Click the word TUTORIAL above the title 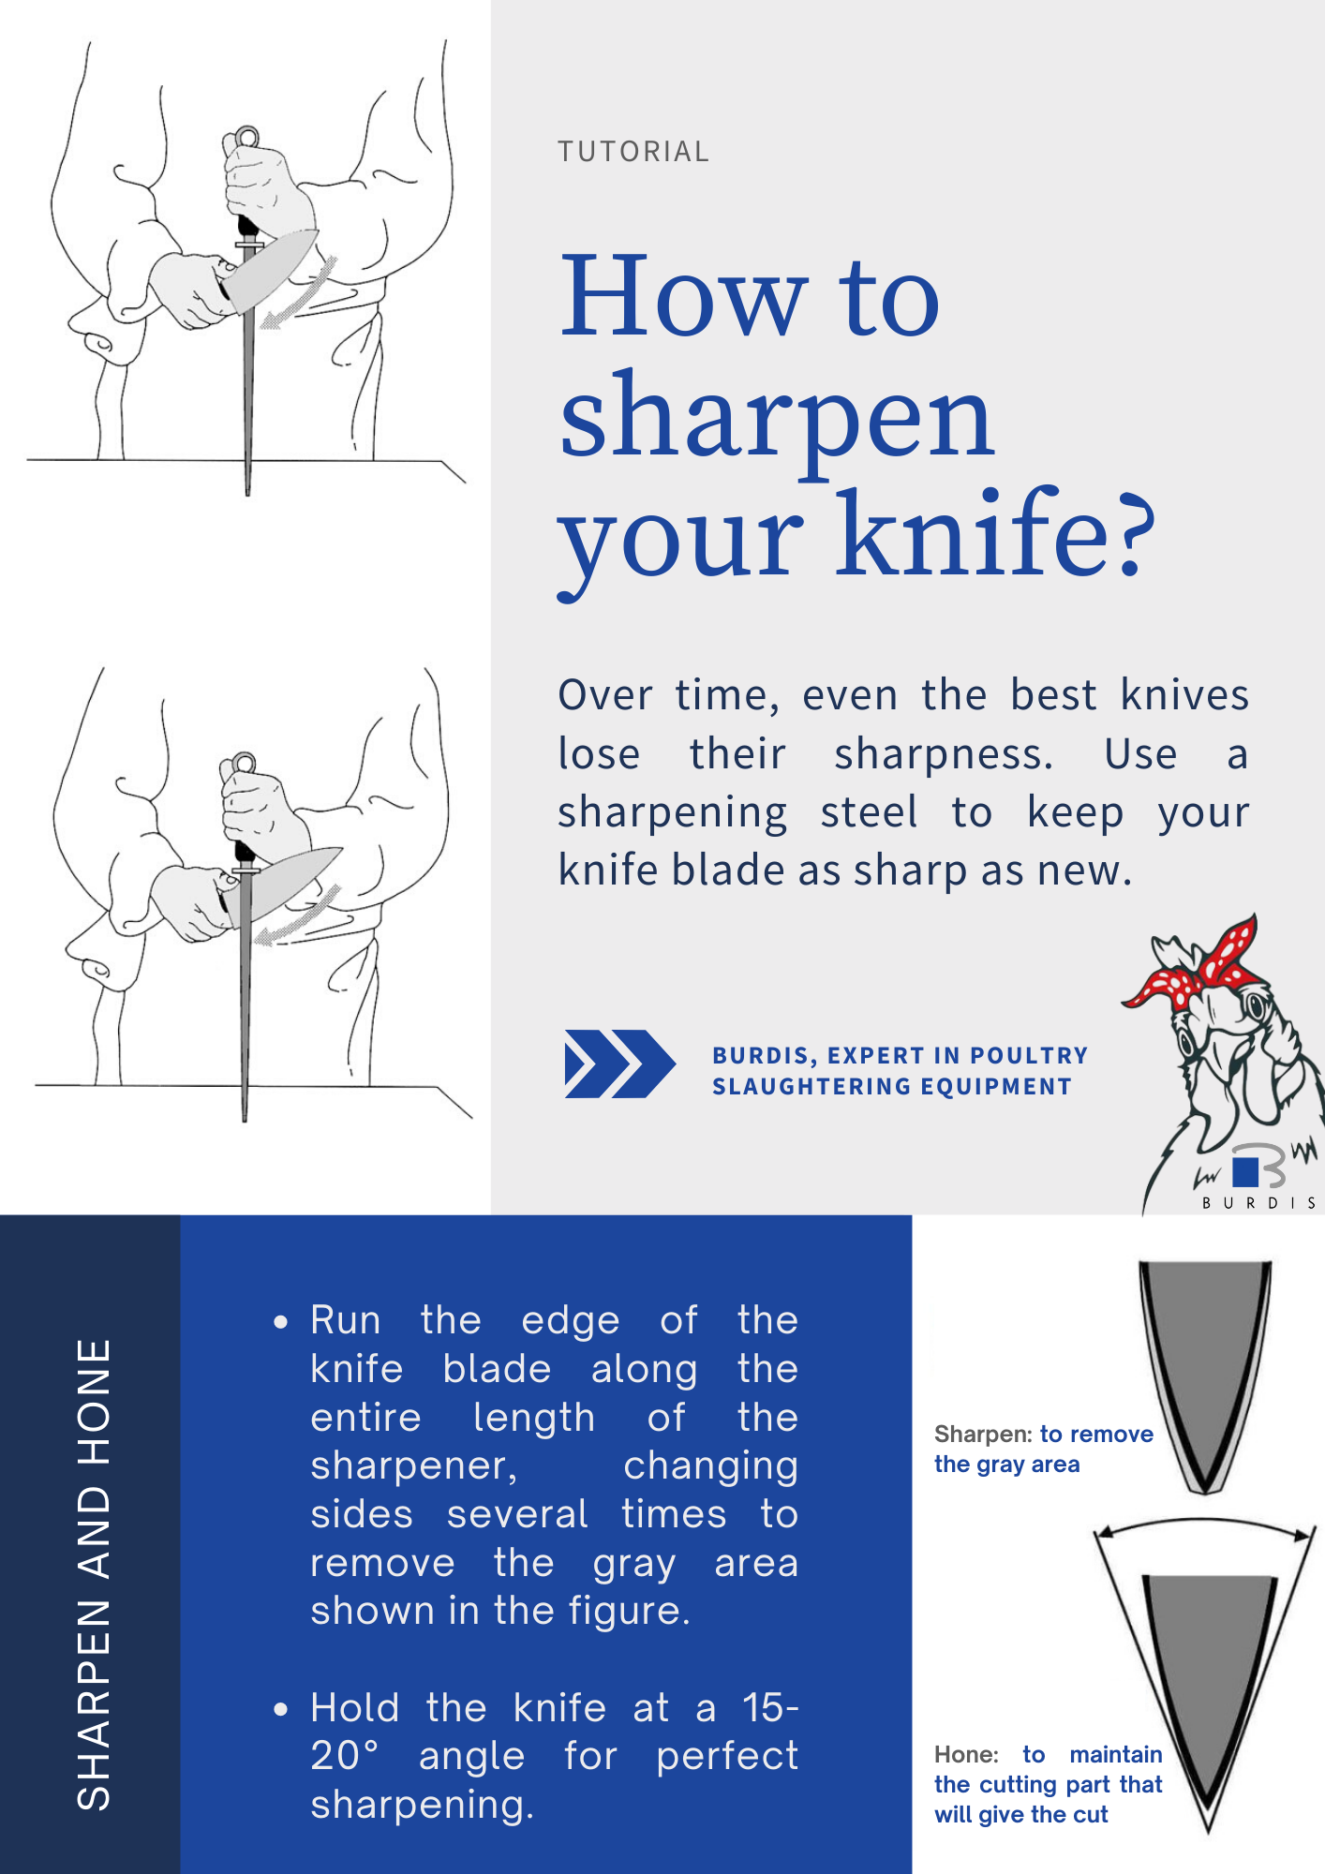(x=633, y=152)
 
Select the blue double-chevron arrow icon (x=618, y=1063)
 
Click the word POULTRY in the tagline (x=1029, y=1056)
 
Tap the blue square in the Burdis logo (x=1245, y=1171)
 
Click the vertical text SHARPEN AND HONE (x=94, y=1574)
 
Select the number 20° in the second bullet (x=345, y=1756)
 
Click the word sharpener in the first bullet (x=412, y=1465)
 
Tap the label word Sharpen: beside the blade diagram (x=983, y=1435)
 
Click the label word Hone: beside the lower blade (x=966, y=1755)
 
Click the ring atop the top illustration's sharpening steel (x=246, y=139)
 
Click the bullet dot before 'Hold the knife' (x=280, y=1709)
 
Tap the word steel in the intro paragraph (x=869, y=812)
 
